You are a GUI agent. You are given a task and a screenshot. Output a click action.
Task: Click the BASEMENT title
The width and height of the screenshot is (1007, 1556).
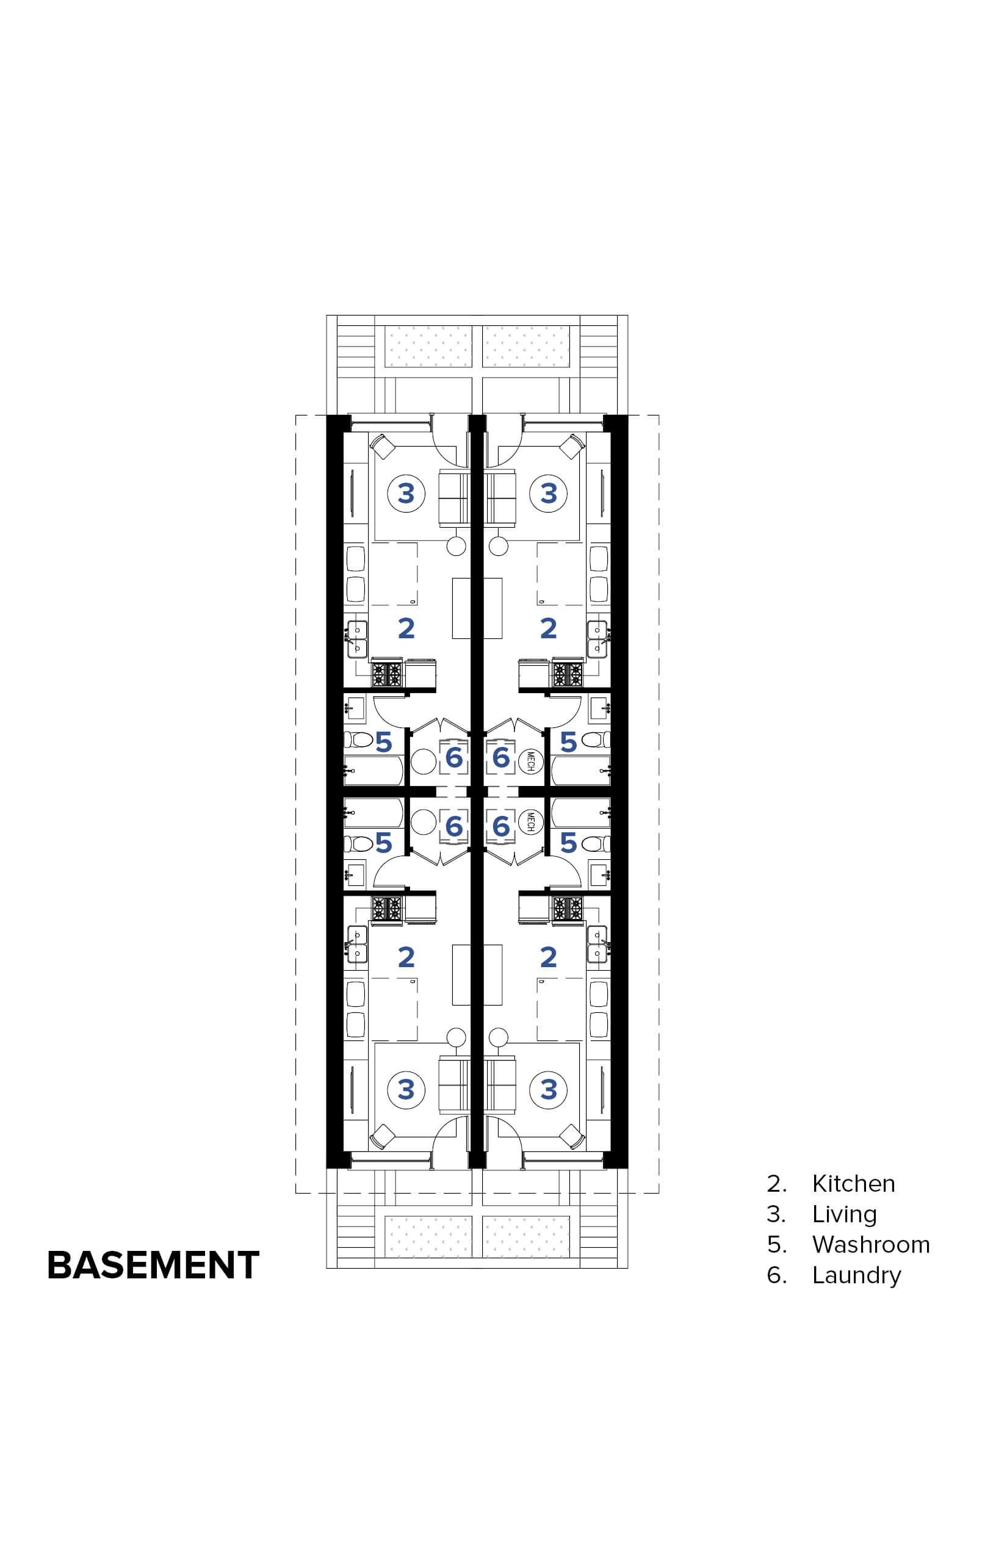coord(153,1265)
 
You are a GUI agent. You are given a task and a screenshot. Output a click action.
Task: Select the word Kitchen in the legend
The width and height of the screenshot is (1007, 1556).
coord(853,1183)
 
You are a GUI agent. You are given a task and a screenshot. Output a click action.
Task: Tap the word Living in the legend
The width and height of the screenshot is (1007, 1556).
coord(844,1214)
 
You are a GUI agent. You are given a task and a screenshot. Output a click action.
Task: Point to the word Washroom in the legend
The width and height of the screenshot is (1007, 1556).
coord(871,1244)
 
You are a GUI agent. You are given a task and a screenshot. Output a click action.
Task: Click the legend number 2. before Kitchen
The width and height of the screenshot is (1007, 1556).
coord(776,1183)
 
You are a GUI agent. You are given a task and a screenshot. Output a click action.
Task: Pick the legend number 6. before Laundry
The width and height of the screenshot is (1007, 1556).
coord(776,1275)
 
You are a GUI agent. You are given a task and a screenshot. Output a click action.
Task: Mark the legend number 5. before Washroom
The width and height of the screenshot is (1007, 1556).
coord(776,1244)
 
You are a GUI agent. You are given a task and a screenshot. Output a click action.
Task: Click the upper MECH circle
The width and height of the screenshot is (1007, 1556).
coord(530,760)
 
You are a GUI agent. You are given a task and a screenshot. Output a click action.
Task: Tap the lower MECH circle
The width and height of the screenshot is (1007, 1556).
coord(530,823)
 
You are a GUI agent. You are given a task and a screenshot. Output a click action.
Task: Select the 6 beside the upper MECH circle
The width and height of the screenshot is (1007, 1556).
coord(501,758)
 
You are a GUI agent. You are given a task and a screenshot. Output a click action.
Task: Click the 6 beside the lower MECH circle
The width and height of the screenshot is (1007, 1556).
coord(501,826)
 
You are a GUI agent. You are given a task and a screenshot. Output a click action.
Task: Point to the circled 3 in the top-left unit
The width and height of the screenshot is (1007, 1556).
coord(406,493)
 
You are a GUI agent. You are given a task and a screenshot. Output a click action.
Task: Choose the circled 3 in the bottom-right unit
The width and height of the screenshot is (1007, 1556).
coord(549,1089)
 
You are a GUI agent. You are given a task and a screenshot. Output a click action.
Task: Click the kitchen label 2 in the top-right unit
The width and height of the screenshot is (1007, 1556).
coord(549,629)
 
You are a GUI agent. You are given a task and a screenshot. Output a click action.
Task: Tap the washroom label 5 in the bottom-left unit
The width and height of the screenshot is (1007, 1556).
coord(384,843)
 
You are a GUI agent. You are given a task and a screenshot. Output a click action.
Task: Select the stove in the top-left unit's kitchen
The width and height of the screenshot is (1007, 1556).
coord(386,674)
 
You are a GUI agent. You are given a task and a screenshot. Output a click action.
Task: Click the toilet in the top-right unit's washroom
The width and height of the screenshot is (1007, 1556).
coord(596,740)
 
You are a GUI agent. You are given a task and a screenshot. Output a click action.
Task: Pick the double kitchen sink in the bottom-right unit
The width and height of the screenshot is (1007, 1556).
coord(597,943)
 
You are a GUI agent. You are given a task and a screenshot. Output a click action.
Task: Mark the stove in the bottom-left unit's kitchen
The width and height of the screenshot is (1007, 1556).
coord(386,908)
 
